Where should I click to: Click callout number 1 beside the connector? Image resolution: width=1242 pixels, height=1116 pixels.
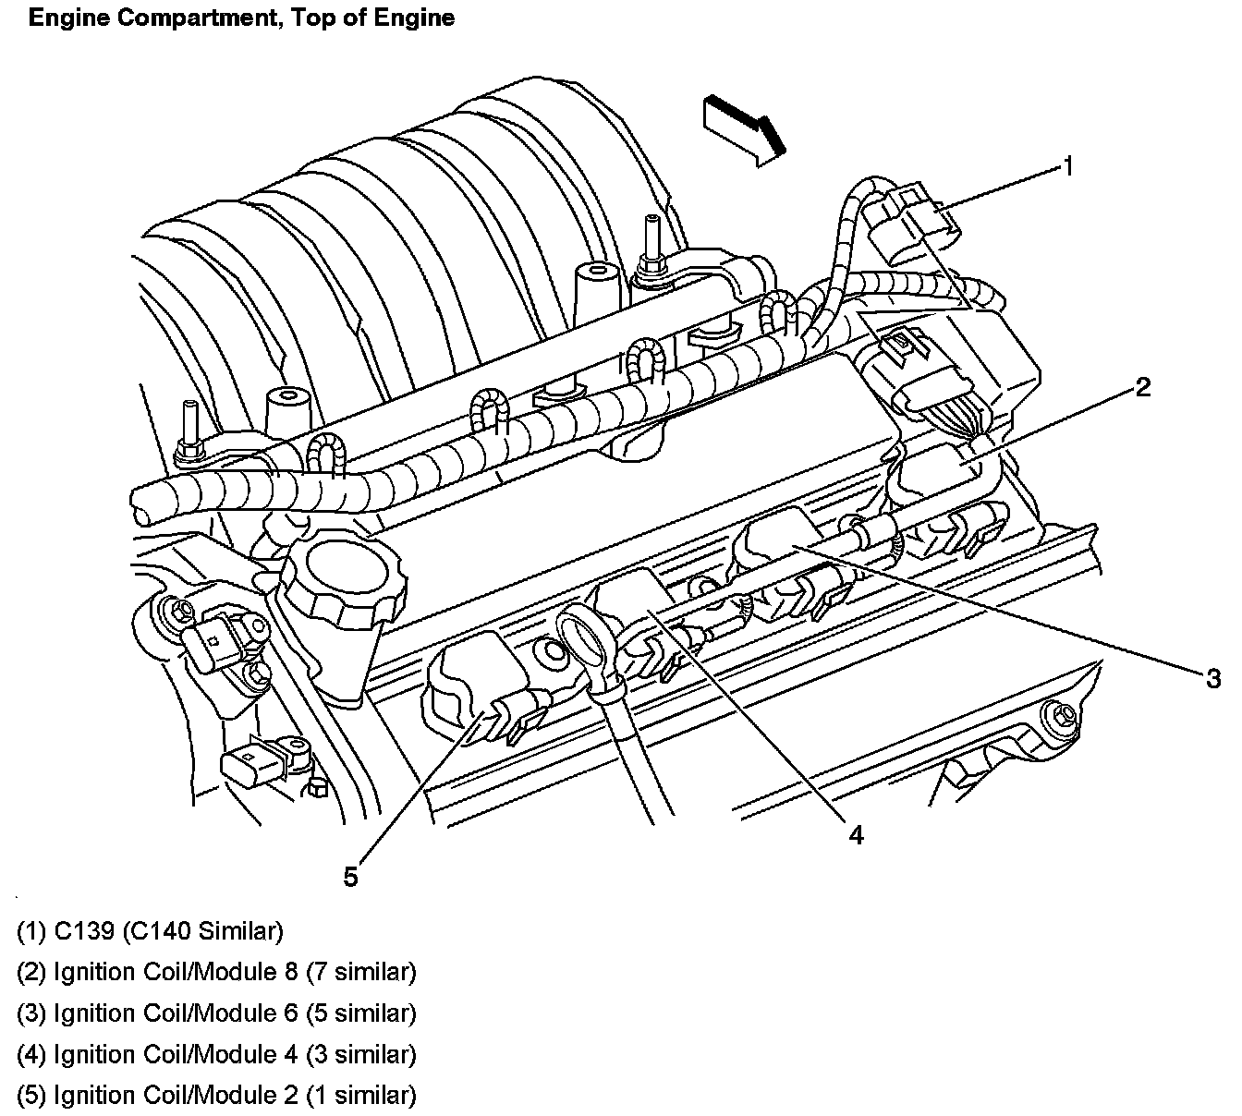pos(1067,167)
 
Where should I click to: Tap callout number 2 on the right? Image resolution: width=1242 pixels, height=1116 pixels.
pos(1143,387)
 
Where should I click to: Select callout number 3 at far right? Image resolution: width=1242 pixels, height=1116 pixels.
pos(1213,679)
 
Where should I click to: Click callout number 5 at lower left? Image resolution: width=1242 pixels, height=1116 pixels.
pos(350,876)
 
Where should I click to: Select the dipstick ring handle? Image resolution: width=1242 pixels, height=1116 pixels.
pos(588,643)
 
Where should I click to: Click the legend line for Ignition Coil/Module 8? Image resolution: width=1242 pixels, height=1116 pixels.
pos(216,972)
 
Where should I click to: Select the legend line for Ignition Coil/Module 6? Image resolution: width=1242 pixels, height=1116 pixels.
pos(216,1013)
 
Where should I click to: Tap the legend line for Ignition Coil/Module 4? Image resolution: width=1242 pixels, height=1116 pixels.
pos(216,1054)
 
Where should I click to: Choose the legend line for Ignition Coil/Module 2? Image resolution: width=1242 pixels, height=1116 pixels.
pos(216,1095)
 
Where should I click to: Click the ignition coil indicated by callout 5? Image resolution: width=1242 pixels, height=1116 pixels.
pos(471,684)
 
